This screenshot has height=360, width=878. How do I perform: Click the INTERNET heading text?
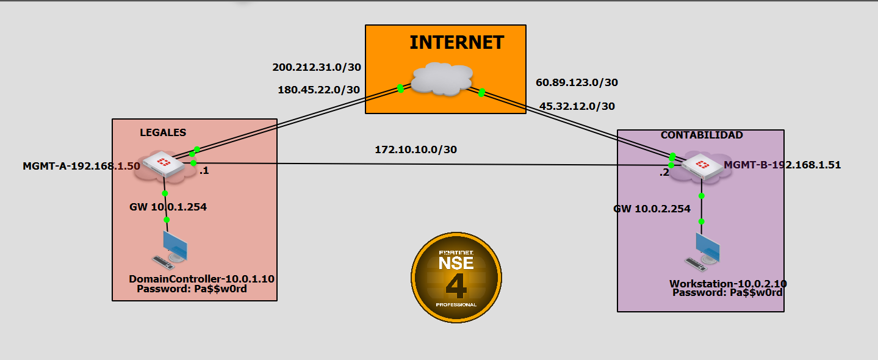(456, 43)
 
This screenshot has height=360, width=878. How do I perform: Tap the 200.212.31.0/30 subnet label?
(315, 67)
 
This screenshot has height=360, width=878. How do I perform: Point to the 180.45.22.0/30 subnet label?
(318, 90)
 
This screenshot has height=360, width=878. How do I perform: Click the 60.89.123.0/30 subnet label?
(577, 82)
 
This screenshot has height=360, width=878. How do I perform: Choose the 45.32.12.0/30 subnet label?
(577, 106)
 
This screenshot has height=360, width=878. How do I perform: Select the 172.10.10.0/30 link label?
(416, 149)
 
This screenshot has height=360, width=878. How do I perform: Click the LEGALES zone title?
(163, 132)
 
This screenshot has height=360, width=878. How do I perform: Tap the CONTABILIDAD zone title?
(702, 135)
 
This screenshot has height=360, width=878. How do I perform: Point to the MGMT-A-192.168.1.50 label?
(81, 165)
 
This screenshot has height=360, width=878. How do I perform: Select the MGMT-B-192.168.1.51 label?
(782, 165)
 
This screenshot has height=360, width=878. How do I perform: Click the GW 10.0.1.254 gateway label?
(168, 207)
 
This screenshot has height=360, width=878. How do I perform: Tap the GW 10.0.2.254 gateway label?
(652, 209)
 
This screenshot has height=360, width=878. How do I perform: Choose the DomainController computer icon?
(171, 249)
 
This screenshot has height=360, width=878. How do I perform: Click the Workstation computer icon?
(703, 251)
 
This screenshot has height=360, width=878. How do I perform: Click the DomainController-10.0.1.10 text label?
(201, 279)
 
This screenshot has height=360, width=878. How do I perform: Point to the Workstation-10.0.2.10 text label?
(728, 284)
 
